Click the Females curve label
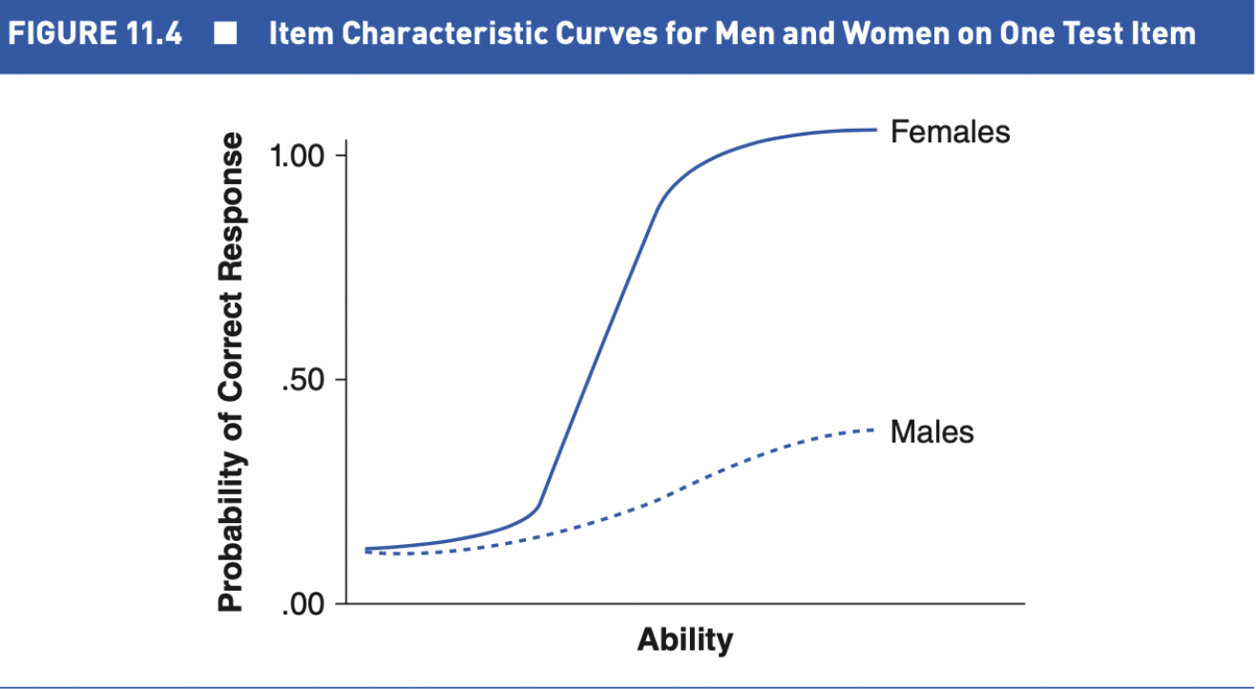click(950, 132)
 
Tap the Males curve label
click(932, 432)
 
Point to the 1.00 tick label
click(298, 156)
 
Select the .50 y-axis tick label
click(304, 380)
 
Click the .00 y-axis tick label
click(304, 604)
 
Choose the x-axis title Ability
click(685, 638)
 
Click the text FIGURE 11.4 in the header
click(95, 35)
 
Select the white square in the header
click(225, 35)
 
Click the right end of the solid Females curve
click(875, 130)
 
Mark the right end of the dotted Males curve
click(872, 430)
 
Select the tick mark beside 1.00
click(341, 155)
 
